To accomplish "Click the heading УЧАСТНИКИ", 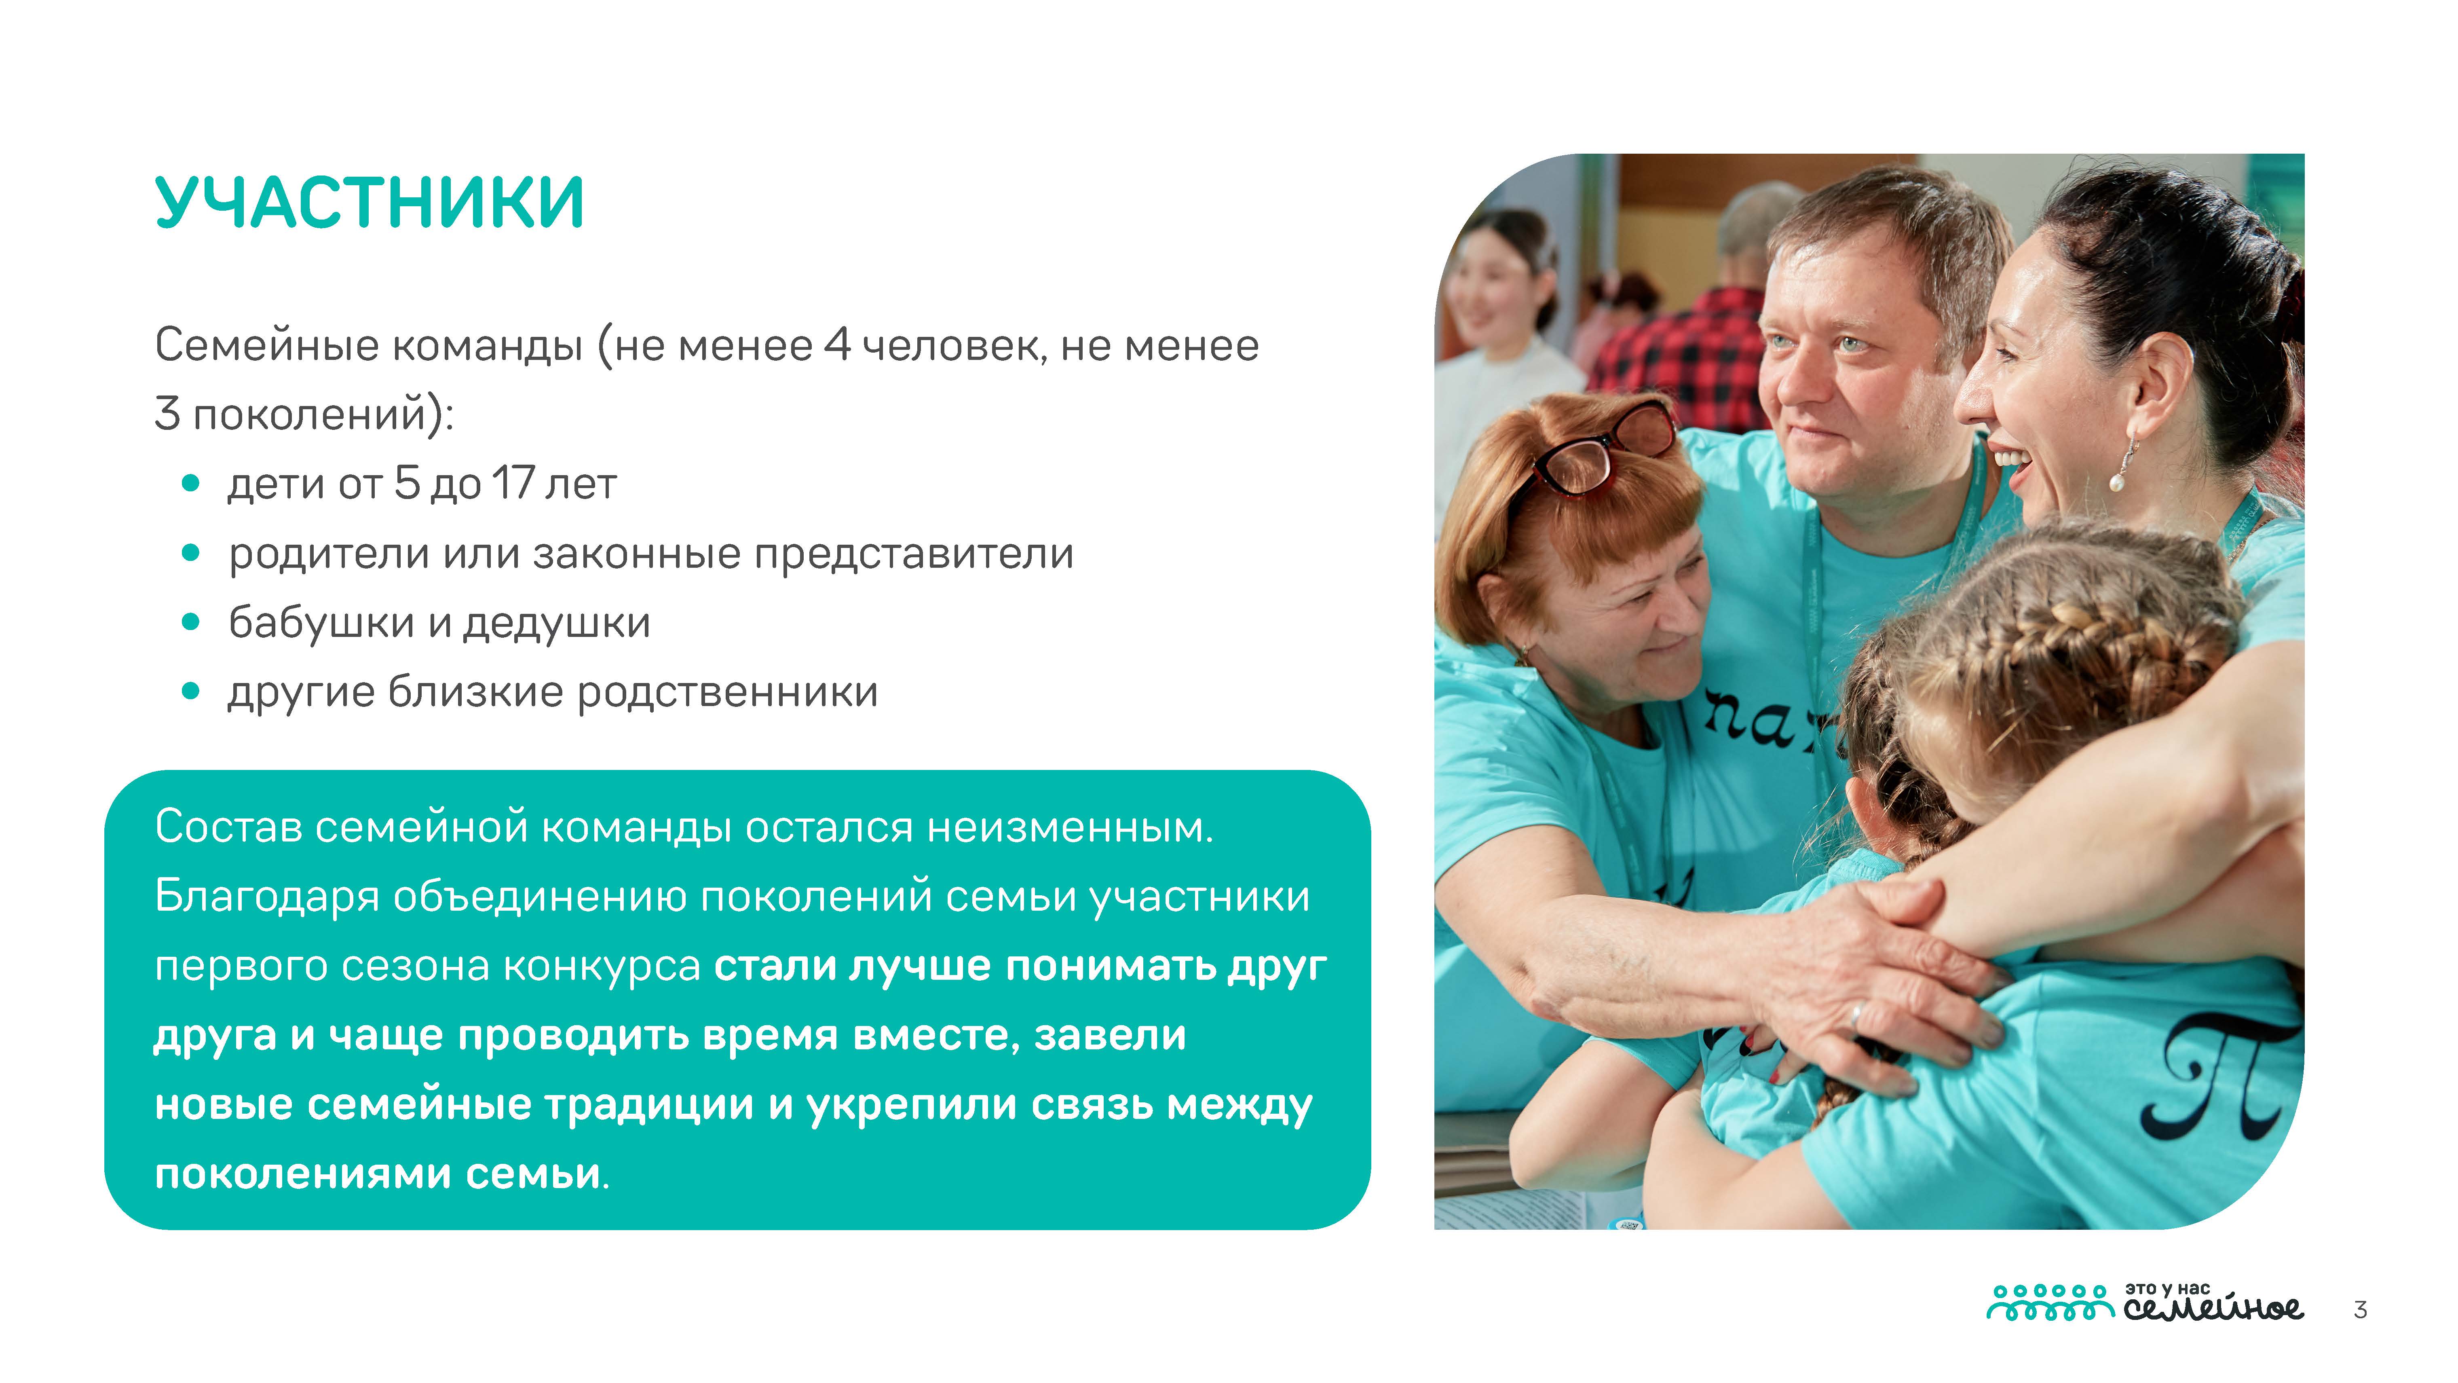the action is click(369, 203).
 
